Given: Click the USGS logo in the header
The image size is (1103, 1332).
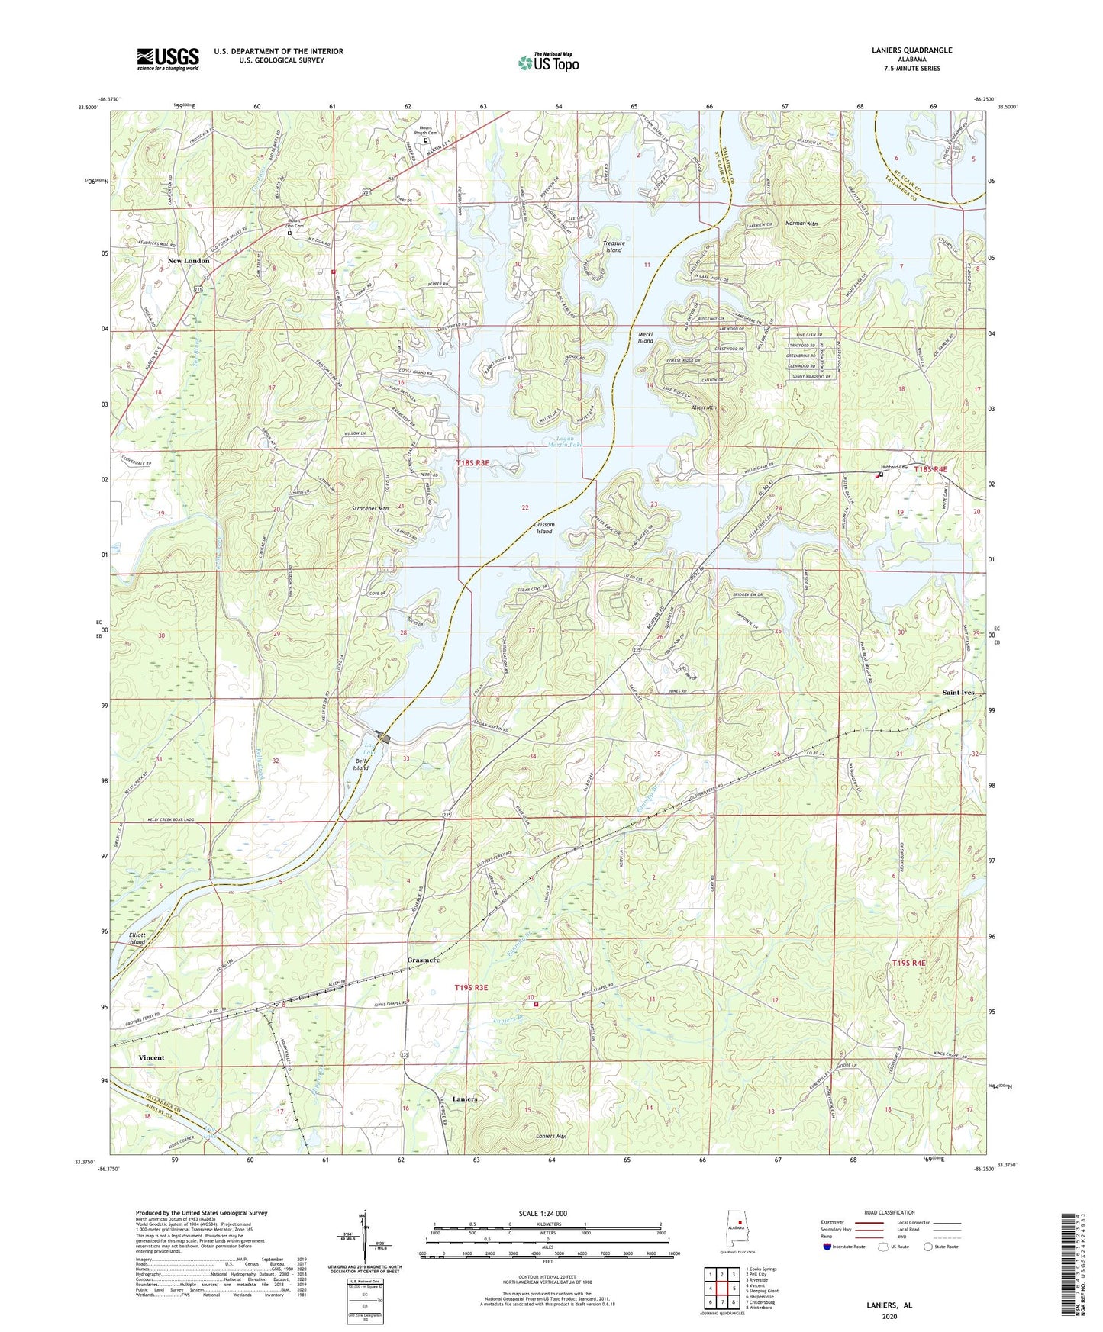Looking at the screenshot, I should coord(168,59).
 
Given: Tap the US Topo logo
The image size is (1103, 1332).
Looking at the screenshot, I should coord(548,63).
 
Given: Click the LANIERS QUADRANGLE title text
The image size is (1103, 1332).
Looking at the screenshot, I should coord(911,50).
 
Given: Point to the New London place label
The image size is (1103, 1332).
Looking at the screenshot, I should coord(189,261).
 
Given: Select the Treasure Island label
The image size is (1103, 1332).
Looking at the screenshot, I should coord(614,246).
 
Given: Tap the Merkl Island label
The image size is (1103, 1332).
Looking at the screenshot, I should coord(646,337).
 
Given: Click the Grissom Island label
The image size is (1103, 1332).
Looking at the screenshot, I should coord(543,528).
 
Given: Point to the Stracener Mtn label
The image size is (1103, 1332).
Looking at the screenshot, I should coord(369,507).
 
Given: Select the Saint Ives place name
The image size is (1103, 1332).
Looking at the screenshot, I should coord(958,693).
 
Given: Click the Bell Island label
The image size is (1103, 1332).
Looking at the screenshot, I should coord(360,764).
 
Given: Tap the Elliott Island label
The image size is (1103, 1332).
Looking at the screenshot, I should coord(137,938).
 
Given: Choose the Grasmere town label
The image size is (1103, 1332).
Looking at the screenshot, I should coord(424,960).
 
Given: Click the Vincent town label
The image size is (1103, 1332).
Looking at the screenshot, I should coord(151,1057).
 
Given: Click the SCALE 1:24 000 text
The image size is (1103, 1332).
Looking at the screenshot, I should coord(543,1213).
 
